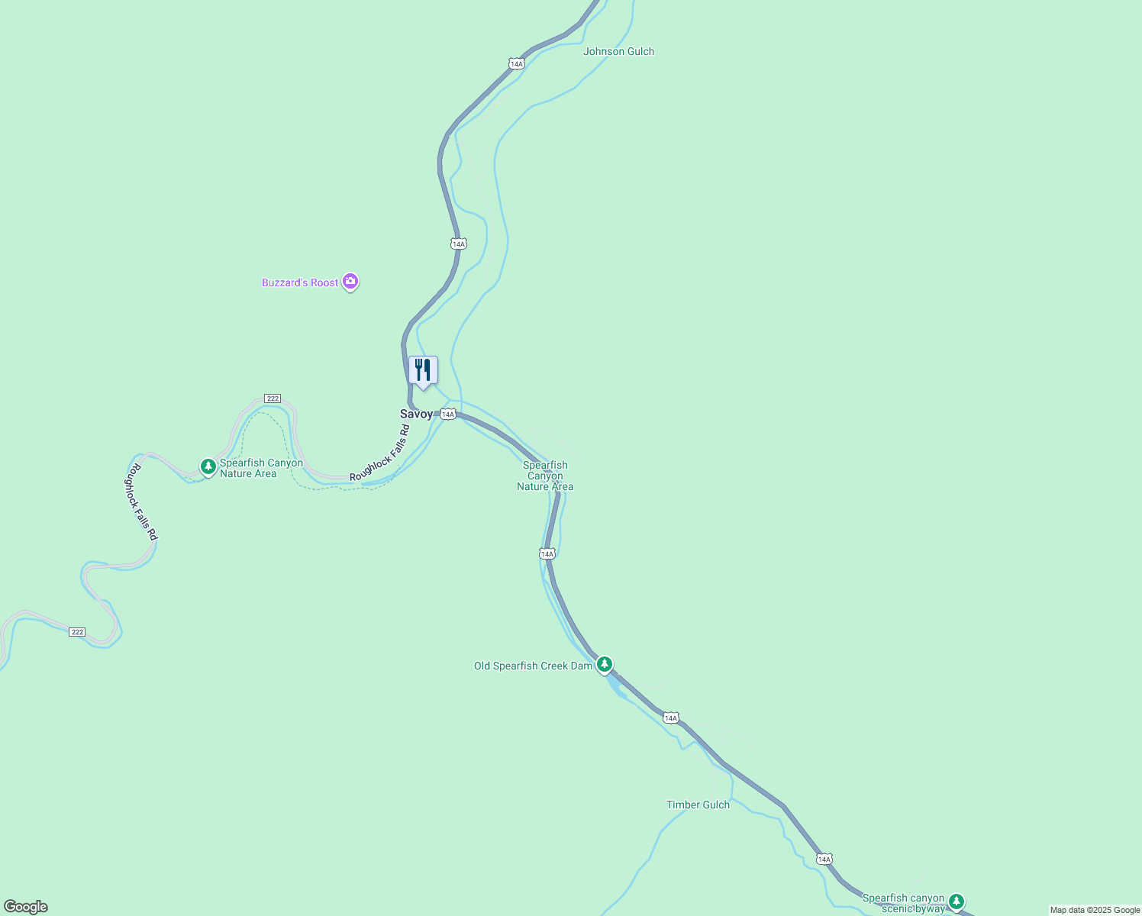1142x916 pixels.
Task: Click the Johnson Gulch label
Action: click(x=618, y=52)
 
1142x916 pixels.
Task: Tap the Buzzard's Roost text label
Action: click(x=300, y=283)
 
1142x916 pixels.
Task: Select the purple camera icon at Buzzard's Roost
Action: click(x=350, y=282)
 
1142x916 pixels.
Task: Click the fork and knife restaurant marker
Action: click(x=423, y=371)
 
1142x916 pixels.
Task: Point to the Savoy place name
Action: click(x=416, y=414)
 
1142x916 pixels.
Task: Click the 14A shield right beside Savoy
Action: click(x=448, y=414)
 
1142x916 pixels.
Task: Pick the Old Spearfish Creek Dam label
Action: click(x=533, y=666)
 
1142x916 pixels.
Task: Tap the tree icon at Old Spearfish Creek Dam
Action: click(x=605, y=665)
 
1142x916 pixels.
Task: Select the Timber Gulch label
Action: click(x=698, y=805)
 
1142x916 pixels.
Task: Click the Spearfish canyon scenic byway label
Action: click(x=903, y=903)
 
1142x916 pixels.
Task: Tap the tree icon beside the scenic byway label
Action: click(x=957, y=902)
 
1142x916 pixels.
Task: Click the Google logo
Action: click(x=25, y=907)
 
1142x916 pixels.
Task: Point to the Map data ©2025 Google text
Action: click(x=1095, y=910)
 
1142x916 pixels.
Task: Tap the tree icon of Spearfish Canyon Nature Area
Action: click(x=208, y=466)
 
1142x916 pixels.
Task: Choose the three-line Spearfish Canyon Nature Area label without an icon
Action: click(x=545, y=476)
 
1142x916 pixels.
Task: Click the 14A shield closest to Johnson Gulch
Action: click(x=517, y=64)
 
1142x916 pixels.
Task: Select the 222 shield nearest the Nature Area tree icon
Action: click(x=273, y=398)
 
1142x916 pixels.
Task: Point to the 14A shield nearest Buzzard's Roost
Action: click(x=458, y=244)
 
